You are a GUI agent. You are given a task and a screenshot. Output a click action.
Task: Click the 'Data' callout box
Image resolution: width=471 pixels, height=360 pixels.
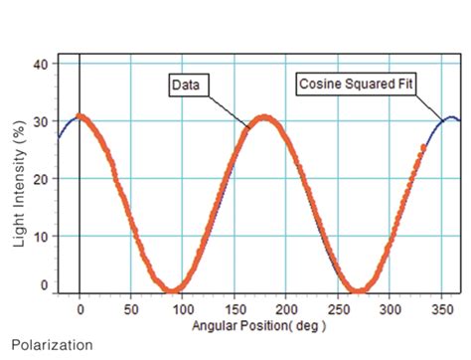click(186, 86)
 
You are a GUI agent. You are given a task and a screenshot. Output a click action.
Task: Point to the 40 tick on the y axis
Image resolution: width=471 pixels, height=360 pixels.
click(41, 64)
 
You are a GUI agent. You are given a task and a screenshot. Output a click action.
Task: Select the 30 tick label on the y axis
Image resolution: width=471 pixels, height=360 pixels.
click(41, 120)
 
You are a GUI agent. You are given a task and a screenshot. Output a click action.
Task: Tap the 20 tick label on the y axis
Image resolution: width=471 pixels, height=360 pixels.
click(41, 178)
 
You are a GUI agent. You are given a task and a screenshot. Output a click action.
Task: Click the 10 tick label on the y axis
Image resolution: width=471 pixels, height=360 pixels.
click(41, 236)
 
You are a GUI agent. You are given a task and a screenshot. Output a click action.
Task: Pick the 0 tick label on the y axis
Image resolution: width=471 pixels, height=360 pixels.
click(44, 286)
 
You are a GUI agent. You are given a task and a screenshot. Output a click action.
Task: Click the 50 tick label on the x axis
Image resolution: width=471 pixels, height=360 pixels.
click(131, 308)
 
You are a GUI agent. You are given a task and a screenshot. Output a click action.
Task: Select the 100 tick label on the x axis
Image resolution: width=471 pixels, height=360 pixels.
click(183, 308)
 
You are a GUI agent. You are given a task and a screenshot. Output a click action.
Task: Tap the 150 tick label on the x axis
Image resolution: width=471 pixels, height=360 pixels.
click(235, 308)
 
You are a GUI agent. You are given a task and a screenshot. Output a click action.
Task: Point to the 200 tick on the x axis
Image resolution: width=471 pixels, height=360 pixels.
click(286, 308)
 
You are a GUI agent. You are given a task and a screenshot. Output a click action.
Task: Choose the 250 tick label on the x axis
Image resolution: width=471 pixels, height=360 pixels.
click(338, 308)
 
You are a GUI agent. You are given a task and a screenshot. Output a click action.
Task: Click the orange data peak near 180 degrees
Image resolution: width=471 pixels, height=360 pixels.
click(264, 117)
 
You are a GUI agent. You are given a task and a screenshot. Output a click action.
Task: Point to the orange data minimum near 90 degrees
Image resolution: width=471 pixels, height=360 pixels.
click(173, 290)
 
